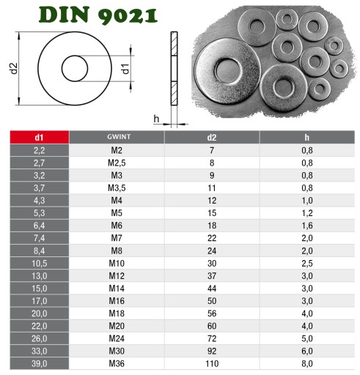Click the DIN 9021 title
(x=98, y=15)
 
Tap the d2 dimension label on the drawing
(x=14, y=68)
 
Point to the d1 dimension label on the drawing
(x=125, y=69)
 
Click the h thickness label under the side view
(x=156, y=119)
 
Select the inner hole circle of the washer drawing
(x=62, y=69)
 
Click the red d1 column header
(x=40, y=137)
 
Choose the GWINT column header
(x=119, y=137)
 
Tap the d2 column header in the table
(x=212, y=138)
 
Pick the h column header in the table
(x=307, y=138)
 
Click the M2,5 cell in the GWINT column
(x=117, y=163)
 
